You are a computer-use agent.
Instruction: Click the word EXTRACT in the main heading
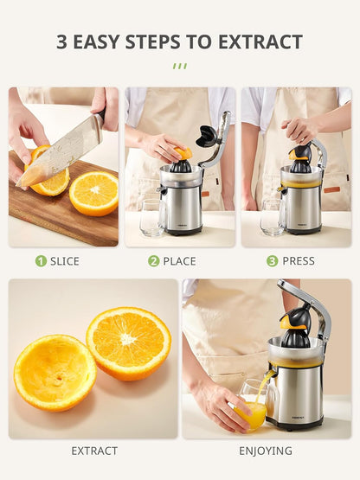260,42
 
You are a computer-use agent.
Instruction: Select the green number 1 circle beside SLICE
41,260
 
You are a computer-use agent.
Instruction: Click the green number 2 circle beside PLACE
153,260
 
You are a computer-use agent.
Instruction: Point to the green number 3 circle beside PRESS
272,260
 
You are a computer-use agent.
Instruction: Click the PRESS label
299,260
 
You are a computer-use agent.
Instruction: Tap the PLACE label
179,260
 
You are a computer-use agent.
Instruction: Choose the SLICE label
65,260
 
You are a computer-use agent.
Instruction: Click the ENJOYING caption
266,451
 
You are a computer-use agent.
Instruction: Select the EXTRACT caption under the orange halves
94,451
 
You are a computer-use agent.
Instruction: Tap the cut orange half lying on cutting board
93,194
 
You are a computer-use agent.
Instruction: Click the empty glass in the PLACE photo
151,217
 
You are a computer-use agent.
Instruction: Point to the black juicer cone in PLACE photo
181,163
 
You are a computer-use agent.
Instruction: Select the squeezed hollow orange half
55,371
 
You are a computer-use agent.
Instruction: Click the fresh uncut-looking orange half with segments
128,342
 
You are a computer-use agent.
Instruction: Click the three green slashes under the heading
179,66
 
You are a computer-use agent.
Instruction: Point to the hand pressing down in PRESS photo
299,130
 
